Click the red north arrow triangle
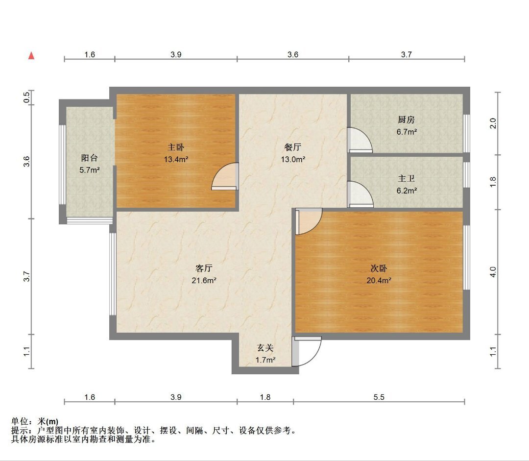(31, 55)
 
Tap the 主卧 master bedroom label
(176, 147)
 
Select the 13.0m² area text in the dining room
(293, 159)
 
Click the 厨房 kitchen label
(406, 120)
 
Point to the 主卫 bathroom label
(406, 178)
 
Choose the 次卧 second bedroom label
(379, 268)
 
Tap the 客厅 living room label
(204, 268)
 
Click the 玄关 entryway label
(265, 348)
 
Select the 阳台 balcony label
(90, 158)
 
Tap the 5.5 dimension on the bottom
(379, 397)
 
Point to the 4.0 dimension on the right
(493, 272)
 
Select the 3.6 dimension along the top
(293, 54)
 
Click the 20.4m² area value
(379, 280)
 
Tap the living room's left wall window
(113, 274)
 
